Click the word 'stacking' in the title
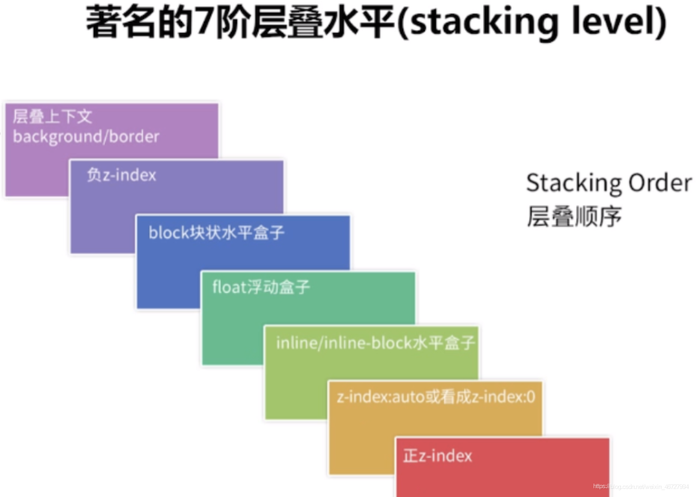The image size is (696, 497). click(x=476, y=23)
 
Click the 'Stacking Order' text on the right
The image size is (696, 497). click(x=608, y=183)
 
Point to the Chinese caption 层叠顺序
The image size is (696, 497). click(x=574, y=218)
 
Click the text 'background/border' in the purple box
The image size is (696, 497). click(x=86, y=137)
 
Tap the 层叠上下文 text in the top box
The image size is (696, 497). click(x=52, y=117)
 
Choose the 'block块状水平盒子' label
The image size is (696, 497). click(x=217, y=233)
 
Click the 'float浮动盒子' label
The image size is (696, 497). click(x=261, y=287)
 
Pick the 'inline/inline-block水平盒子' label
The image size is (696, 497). click(x=375, y=344)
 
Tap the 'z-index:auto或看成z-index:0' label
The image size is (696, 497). click(x=437, y=397)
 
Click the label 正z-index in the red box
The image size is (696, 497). click(x=438, y=455)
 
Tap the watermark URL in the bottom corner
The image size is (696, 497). click(x=640, y=487)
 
